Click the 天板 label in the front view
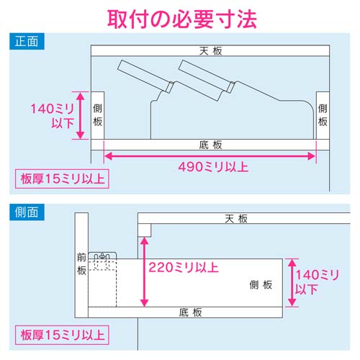[x=210, y=50]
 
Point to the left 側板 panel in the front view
[x=97, y=115]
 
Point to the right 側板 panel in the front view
[x=323, y=115]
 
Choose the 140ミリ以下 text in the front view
[x=48, y=116]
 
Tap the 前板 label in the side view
[x=81, y=263]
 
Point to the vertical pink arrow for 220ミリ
[x=145, y=274]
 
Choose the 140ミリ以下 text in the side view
[x=318, y=282]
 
